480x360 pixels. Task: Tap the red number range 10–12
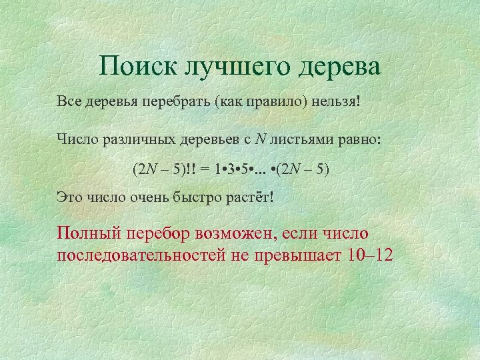[x=371, y=255]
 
